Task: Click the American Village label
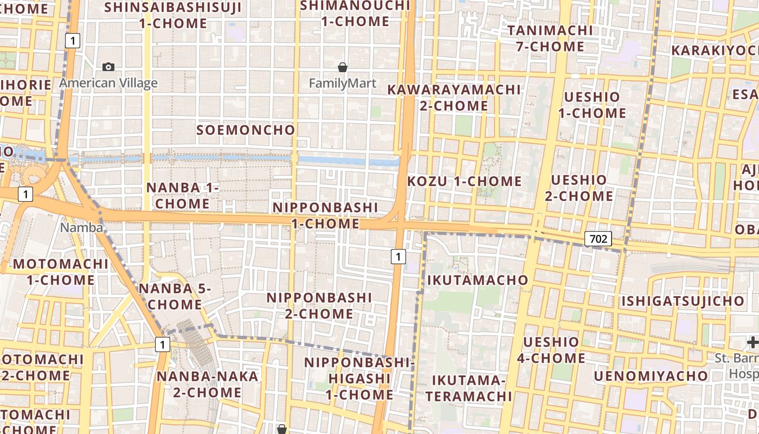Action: click(108, 83)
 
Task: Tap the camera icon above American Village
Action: click(108, 67)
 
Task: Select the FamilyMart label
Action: click(342, 84)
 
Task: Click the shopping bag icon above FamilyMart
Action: click(342, 67)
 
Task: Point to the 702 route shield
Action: click(599, 239)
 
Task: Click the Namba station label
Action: click(81, 227)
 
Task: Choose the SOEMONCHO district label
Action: click(246, 130)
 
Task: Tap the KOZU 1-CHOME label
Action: click(464, 181)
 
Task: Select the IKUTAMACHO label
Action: click(478, 280)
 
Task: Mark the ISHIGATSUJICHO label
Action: click(683, 301)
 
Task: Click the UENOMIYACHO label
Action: click(651, 376)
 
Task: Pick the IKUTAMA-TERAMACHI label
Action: click(468, 388)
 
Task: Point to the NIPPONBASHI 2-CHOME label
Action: click(319, 306)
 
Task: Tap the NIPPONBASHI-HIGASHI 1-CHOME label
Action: click(359, 378)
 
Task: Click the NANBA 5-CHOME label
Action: click(175, 296)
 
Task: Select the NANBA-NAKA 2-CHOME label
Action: click(207, 384)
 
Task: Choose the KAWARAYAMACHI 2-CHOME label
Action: click(454, 98)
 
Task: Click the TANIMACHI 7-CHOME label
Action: click(550, 38)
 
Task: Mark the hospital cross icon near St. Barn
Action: click(752, 342)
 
